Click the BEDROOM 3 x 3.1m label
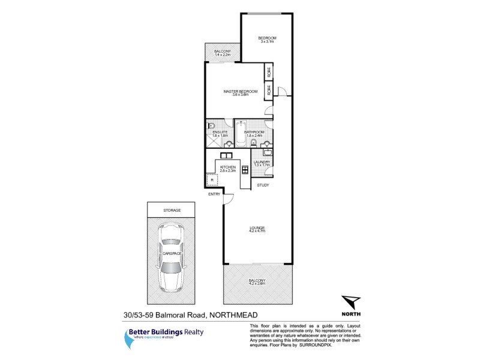267,39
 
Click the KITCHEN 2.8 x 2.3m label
227,169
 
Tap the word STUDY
263,185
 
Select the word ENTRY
214,194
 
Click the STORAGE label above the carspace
172,210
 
